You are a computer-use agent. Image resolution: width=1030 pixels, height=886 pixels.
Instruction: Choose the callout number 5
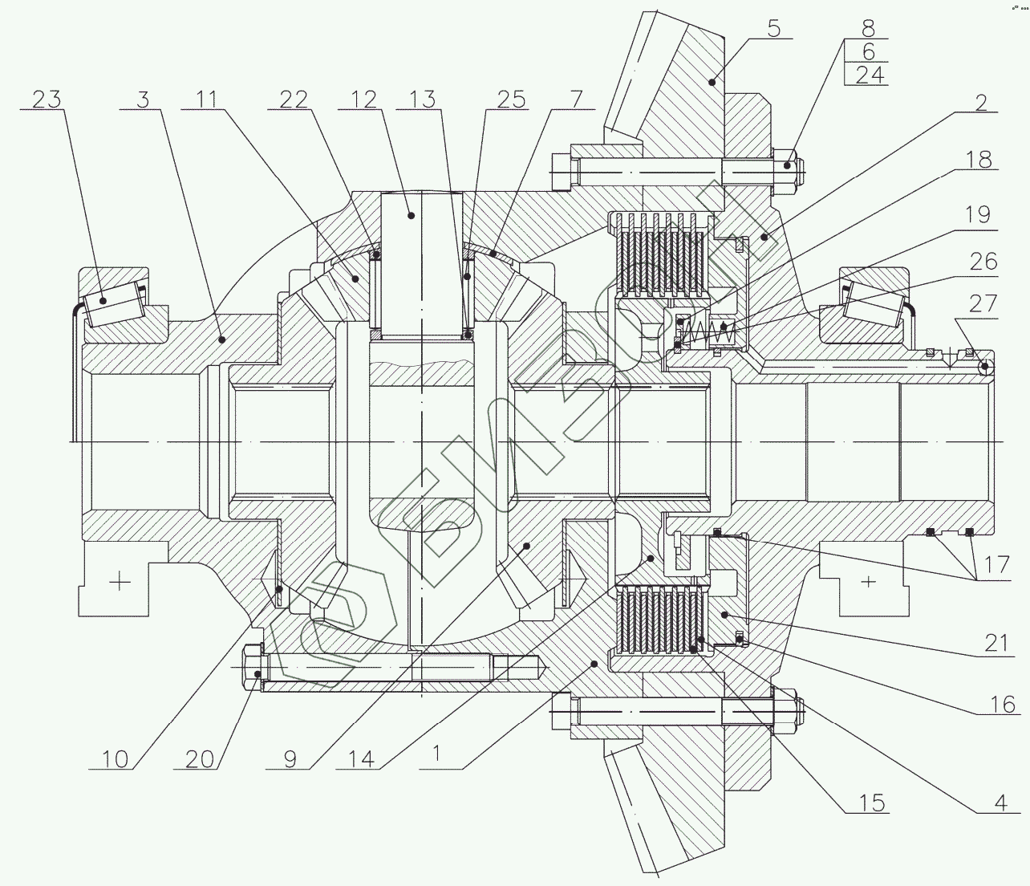click(772, 30)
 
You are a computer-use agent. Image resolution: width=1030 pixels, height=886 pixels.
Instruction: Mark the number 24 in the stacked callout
click(867, 75)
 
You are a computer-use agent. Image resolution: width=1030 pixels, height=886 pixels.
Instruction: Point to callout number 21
click(995, 642)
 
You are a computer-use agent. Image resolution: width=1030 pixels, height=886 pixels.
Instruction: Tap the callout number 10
click(115, 758)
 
